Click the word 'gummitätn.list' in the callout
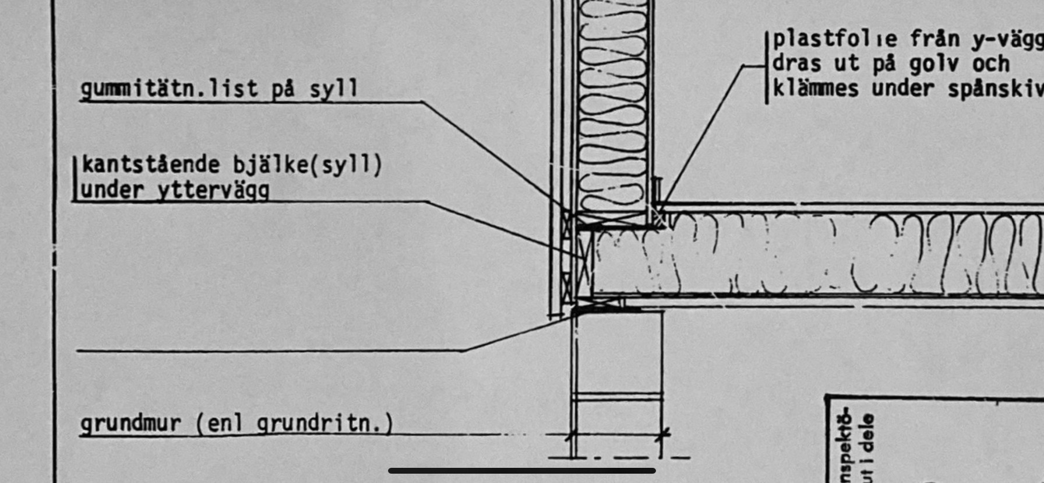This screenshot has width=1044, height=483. pos(169,89)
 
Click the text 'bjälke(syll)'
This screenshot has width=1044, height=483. pos(308,165)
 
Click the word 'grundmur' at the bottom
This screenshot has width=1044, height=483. pos(130,423)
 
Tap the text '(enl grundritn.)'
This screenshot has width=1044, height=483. pos(294,423)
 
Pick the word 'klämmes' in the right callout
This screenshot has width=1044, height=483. pos(815,89)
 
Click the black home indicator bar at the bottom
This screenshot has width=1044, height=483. pos(521,470)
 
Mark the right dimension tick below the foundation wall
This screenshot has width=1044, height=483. pos(662,435)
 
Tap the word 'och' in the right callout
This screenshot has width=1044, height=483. pos(990,64)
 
